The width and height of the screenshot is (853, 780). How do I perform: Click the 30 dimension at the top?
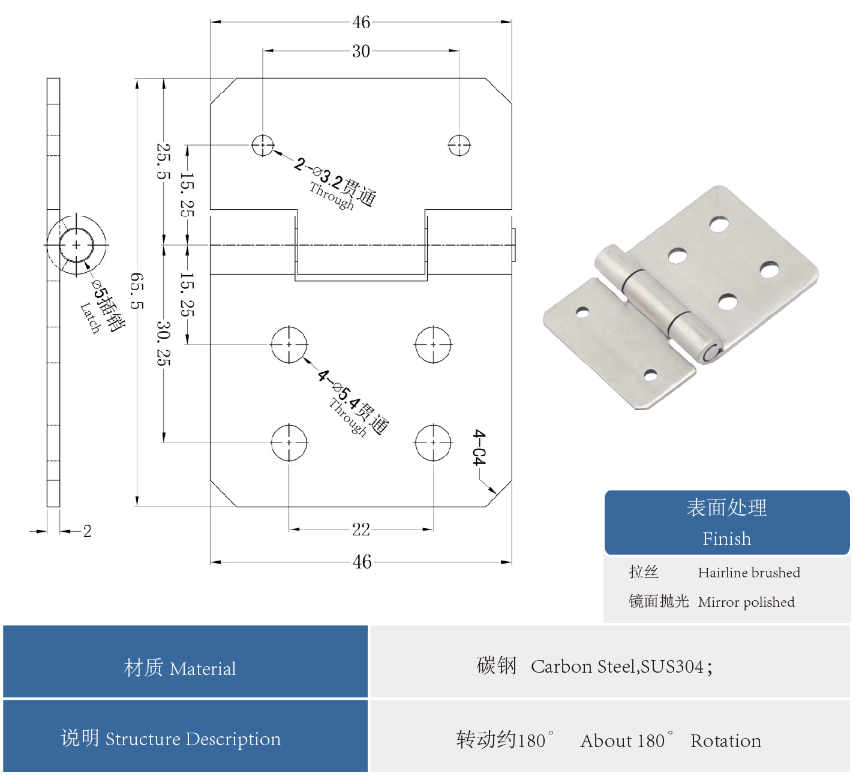pyautogui.click(x=361, y=52)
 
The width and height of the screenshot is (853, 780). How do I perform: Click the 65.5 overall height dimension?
pyautogui.click(x=137, y=291)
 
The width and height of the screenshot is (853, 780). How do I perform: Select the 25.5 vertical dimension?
pyautogui.click(x=163, y=161)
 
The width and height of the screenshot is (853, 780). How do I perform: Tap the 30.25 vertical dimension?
pyautogui.click(x=163, y=344)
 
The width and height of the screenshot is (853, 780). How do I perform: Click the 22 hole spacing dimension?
pyautogui.click(x=361, y=529)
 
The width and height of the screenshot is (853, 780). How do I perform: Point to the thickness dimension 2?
pyautogui.click(x=87, y=531)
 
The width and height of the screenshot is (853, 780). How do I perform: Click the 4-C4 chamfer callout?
pyautogui.click(x=479, y=447)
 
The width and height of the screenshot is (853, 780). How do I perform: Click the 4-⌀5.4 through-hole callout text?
pyautogui.click(x=354, y=402)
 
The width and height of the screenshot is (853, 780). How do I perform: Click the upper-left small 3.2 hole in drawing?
pyautogui.click(x=263, y=145)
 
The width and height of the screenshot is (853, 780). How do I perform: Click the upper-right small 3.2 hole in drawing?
pyautogui.click(x=459, y=145)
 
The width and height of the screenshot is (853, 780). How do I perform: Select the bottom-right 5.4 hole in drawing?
pyautogui.click(x=433, y=443)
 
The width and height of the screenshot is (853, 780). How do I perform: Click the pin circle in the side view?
pyautogui.click(x=76, y=245)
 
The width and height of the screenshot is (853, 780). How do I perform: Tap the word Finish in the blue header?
pyautogui.click(x=726, y=538)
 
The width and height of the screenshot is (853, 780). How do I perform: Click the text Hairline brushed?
pyautogui.click(x=749, y=573)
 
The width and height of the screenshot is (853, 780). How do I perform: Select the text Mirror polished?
pyautogui.click(x=746, y=602)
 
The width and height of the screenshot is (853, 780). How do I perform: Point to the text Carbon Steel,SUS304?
pyautogui.click(x=617, y=666)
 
